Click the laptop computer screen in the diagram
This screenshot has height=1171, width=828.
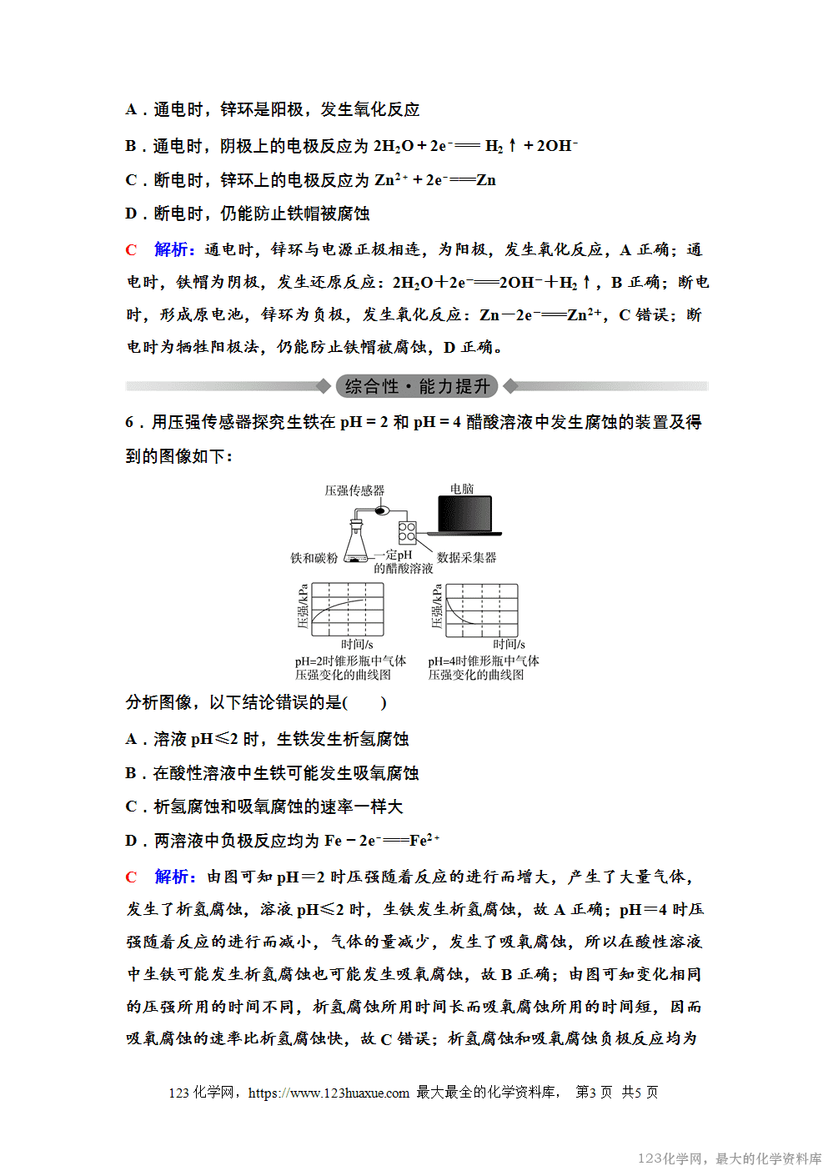(x=465, y=514)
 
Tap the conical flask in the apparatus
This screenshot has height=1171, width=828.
(x=357, y=544)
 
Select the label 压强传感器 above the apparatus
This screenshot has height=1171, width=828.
(x=354, y=490)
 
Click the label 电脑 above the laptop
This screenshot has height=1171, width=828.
(x=462, y=489)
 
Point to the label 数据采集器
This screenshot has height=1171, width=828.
(x=466, y=557)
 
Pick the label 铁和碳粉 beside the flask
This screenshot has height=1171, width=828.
(x=314, y=558)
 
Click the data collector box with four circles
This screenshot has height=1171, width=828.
(x=407, y=533)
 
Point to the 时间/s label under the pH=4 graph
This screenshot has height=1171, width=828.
(x=509, y=644)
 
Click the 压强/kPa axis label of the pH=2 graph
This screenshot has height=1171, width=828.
(x=303, y=606)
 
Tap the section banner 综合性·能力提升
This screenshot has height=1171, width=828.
(x=417, y=386)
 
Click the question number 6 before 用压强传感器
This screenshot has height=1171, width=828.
(x=130, y=422)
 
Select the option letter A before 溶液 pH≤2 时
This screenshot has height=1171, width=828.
(x=131, y=739)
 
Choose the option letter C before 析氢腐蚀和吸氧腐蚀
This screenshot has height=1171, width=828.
(x=131, y=807)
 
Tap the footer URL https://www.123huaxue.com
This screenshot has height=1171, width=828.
(x=329, y=1093)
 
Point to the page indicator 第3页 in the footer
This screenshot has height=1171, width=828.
(x=594, y=1092)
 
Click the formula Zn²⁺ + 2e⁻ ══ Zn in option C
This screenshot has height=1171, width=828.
(x=434, y=180)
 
